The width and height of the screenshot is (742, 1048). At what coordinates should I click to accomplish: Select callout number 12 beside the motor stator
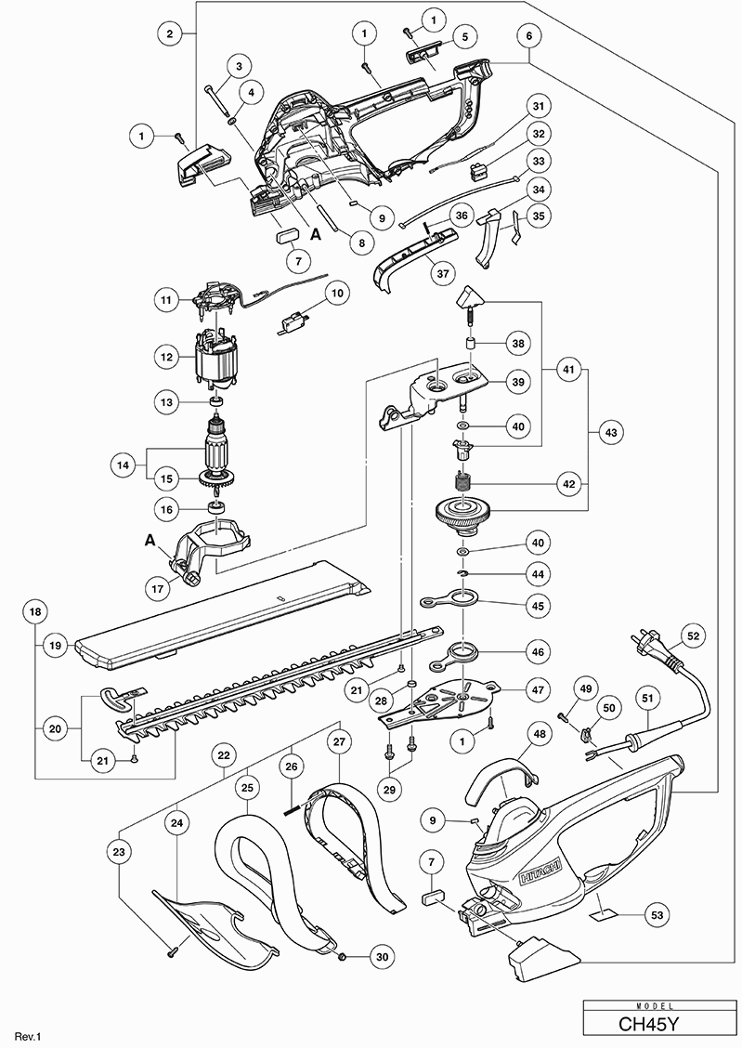point(168,357)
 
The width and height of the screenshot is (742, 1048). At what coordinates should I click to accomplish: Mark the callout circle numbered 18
point(35,612)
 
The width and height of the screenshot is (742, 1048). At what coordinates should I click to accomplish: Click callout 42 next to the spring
point(567,483)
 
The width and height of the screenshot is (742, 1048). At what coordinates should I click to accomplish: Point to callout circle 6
point(528,36)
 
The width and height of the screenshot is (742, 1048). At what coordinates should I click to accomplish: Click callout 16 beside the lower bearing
point(168,509)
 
